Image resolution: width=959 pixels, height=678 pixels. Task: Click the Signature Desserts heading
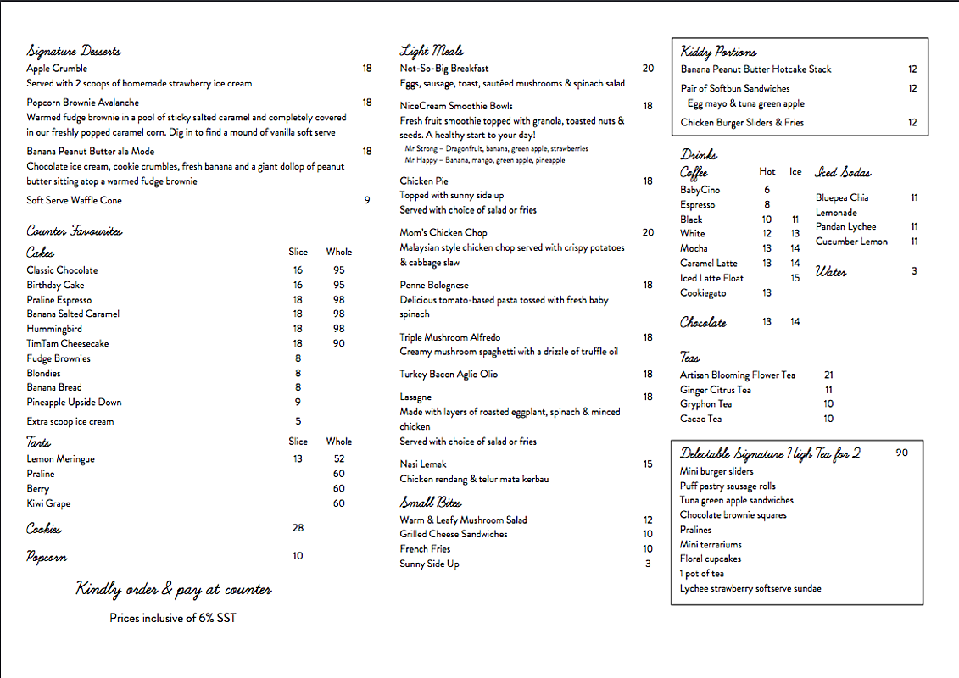coord(74,52)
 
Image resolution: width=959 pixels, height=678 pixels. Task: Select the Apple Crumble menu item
coord(57,69)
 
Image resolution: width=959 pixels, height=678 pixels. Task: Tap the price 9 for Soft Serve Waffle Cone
coord(367,200)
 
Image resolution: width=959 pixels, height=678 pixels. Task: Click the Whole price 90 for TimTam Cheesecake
coord(339,343)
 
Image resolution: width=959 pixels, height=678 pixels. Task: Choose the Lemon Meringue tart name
coord(60,459)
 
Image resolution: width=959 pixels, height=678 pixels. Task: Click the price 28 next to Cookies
coord(298,528)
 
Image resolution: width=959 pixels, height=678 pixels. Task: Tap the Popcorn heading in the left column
coord(47,557)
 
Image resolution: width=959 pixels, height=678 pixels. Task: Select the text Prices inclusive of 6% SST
coord(173,618)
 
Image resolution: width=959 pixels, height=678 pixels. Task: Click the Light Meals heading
coord(432,51)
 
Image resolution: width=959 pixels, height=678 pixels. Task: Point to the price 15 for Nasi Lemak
coord(648,464)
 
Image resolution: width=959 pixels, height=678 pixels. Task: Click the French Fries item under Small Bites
coord(425,549)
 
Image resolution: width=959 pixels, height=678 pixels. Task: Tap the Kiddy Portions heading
coord(718,53)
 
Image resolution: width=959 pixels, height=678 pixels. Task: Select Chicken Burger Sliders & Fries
coord(742,123)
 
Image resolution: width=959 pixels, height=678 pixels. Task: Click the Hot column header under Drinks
coord(767,171)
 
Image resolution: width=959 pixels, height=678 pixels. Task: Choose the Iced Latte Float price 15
coord(795,278)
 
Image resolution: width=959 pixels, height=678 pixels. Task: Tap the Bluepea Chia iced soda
coord(842,197)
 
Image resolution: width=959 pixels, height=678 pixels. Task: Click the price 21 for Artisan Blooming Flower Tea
coord(828,375)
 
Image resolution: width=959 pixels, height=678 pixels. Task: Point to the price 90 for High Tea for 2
coord(901,453)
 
